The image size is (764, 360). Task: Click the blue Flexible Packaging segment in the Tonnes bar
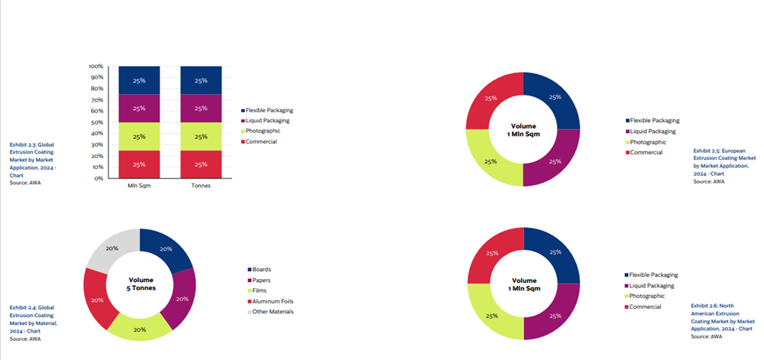coord(201,80)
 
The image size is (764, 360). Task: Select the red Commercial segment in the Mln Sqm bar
coord(139,164)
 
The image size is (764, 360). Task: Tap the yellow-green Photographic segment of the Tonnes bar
coord(201,137)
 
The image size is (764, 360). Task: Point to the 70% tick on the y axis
coord(99,100)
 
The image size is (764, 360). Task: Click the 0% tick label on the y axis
coord(99,178)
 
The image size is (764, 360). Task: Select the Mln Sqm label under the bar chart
coord(139,186)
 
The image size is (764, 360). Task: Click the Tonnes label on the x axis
coord(201,186)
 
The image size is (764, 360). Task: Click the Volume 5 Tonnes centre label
coord(140,284)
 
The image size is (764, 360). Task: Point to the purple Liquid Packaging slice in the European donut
coord(555,160)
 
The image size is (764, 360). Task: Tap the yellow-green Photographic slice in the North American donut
coord(491,313)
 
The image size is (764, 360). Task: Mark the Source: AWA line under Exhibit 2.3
coord(24,182)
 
